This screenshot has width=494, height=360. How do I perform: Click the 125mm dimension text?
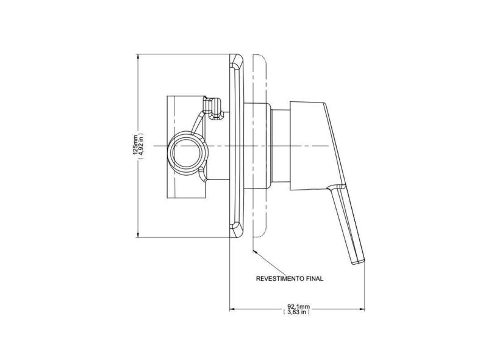tap(135, 145)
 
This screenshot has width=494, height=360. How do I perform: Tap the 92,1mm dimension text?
tap(298, 306)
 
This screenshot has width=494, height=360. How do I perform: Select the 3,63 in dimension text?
tap(296, 312)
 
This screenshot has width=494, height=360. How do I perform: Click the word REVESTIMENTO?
tap(280, 279)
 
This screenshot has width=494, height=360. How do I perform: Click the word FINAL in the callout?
tap(315, 279)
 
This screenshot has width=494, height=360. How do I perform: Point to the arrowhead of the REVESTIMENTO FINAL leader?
tap(255, 251)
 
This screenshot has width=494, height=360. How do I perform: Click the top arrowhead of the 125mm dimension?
tap(138, 57)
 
